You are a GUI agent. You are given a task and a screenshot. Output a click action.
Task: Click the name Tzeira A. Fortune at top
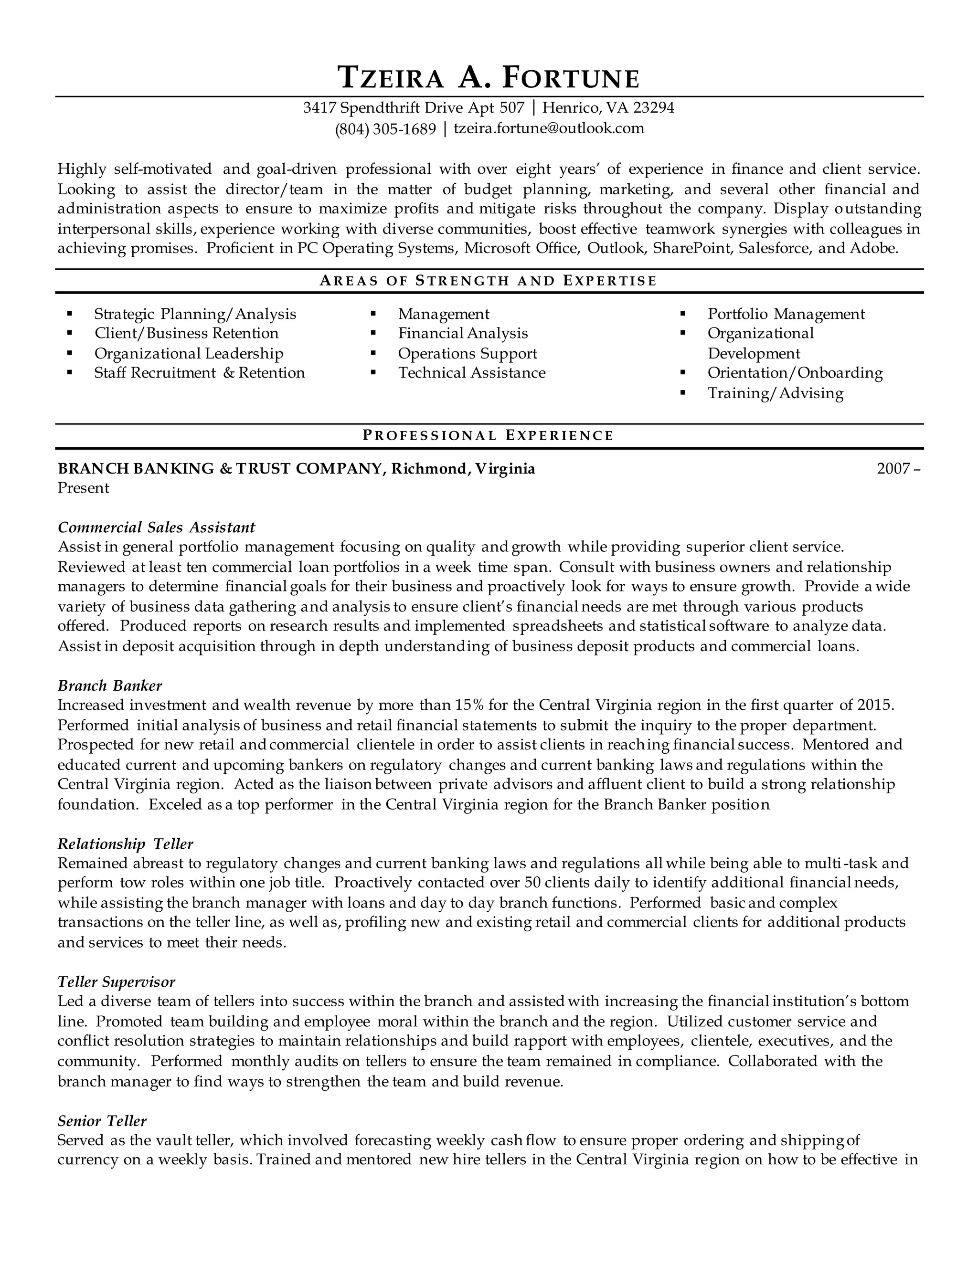(489, 78)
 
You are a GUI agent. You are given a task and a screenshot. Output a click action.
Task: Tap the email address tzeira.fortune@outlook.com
(549, 128)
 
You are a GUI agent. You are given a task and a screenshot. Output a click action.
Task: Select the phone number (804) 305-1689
(385, 128)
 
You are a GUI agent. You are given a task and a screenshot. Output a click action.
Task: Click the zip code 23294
(654, 108)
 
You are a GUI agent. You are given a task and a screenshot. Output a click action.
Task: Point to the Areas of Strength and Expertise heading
(489, 281)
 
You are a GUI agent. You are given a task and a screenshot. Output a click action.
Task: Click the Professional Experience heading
(489, 435)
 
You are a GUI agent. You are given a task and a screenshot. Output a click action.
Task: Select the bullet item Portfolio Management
(786, 314)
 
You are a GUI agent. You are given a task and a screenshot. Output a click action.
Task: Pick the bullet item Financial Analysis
(462, 333)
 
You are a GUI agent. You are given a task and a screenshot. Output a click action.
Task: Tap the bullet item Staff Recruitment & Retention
(199, 372)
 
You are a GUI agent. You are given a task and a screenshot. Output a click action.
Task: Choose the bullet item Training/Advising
(775, 393)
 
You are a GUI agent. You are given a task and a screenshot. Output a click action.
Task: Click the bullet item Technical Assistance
(472, 372)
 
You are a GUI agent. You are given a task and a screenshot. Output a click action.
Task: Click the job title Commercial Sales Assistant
(157, 527)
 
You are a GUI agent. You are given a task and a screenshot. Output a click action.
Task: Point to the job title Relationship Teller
(125, 844)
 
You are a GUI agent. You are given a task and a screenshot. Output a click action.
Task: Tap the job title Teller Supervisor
(117, 982)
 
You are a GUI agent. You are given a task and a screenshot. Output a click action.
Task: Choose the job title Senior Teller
(102, 1121)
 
